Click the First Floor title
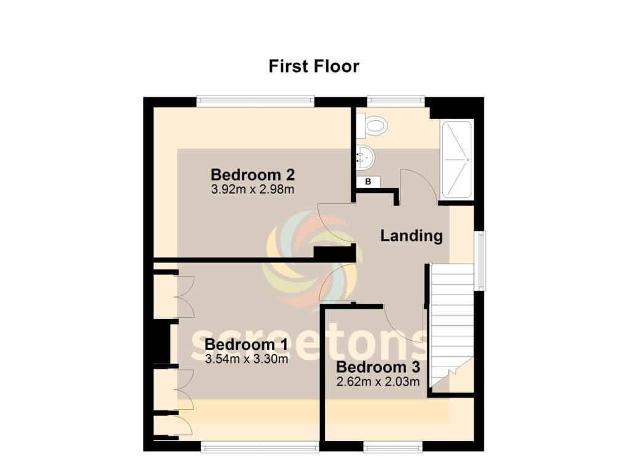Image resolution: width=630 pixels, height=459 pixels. point(314,67)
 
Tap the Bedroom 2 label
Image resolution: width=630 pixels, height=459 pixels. point(253,174)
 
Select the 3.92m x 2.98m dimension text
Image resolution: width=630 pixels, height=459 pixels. point(253,189)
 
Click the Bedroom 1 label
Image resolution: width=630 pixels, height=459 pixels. point(246,344)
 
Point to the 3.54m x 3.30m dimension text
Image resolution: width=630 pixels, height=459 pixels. point(246,359)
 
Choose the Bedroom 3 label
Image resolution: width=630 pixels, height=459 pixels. point(378,367)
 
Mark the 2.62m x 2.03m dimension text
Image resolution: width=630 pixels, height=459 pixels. point(378,381)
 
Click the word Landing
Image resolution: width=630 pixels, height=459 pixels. point(412,236)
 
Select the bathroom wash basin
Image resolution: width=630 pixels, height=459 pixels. point(365,157)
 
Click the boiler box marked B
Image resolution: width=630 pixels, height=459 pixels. point(368,182)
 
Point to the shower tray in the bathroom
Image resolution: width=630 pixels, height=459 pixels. point(457,160)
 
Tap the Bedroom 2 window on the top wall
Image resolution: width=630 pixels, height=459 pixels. point(255,102)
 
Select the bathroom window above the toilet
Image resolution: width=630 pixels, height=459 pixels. point(396,102)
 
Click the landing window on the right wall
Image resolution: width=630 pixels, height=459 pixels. point(480,260)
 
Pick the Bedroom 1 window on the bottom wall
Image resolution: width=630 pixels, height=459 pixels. point(260,446)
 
